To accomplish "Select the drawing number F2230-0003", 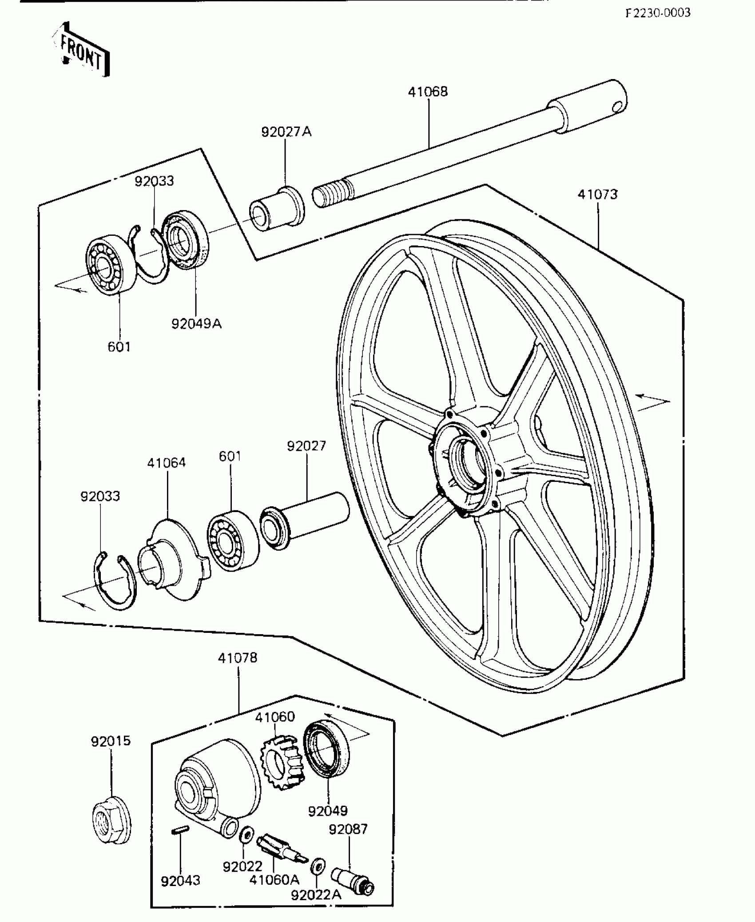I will (658, 13).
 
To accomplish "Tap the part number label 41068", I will (428, 92).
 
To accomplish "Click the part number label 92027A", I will (286, 132).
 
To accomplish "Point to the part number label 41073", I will (597, 195).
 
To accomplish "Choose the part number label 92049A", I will (196, 324).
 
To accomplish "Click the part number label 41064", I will (167, 463).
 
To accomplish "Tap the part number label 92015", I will (111, 741).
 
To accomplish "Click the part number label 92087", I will (348, 829).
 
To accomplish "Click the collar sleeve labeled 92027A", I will (277, 209).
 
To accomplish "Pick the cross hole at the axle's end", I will (617, 106).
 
